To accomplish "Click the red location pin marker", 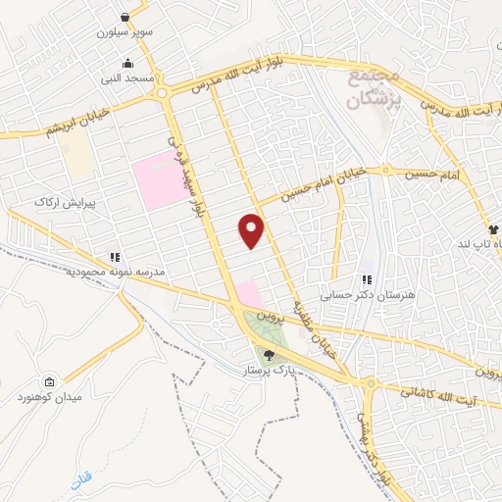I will click(252, 231).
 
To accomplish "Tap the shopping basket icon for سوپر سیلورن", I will click(125, 17).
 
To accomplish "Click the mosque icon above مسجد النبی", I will click(116, 62).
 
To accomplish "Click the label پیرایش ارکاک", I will click(61, 201).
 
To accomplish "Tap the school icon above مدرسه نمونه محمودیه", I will click(116, 257).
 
